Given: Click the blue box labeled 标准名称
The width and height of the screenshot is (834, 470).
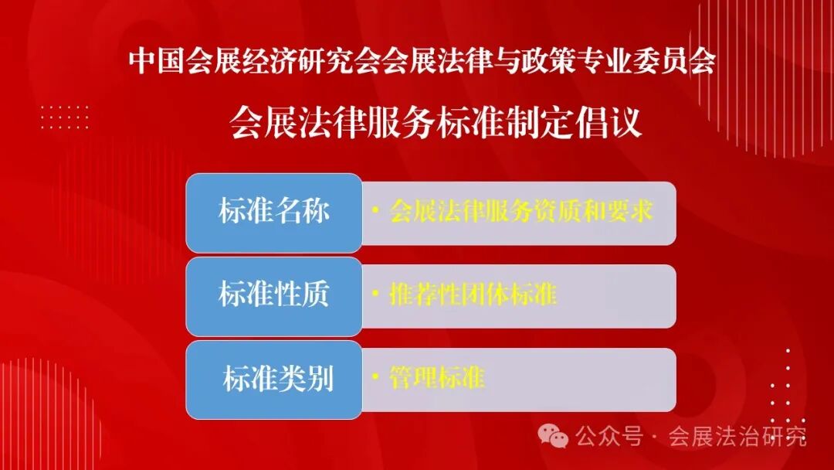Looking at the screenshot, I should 274,213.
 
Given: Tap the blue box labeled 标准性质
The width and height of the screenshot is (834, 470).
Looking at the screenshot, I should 274,296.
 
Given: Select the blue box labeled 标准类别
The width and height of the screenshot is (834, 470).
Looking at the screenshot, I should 274,380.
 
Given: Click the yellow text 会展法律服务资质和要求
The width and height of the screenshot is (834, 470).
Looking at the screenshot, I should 521,211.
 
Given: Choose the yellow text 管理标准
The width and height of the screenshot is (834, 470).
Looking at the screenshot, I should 437,378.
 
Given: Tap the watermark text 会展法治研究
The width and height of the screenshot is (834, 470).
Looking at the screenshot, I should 738,437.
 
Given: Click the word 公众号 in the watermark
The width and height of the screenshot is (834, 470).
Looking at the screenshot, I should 609,437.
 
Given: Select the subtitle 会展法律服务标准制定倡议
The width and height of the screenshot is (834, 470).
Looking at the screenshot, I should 436,124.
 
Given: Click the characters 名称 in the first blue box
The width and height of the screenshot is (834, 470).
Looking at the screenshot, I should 303,213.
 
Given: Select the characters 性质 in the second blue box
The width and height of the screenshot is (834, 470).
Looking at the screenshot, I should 303,296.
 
